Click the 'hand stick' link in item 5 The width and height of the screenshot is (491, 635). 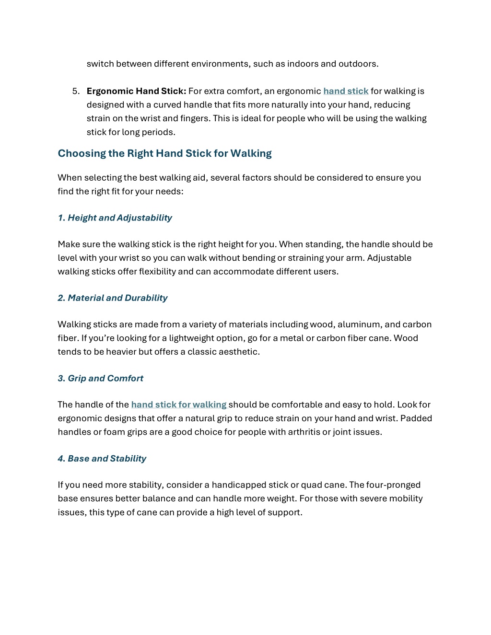click(346, 91)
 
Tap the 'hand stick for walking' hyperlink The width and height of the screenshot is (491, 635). click(178, 404)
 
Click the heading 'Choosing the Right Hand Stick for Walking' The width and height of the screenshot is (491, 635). click(164, 153)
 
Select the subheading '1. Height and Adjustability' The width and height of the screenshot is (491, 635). click(115, 218)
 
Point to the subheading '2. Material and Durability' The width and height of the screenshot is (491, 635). click(112, 298)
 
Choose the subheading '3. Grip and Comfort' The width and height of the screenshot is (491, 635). click(100, 378)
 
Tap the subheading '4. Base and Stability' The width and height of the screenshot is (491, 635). click(102, 458)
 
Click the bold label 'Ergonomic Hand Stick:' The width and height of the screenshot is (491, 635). click(136, 91)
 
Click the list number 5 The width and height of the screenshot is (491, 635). click(75, 91)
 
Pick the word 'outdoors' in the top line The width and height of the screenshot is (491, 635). click(358, 64)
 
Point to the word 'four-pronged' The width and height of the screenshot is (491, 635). click(393, 485)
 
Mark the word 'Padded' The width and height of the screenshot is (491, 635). click(416, 418)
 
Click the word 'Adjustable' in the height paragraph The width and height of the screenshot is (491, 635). click(389, 258)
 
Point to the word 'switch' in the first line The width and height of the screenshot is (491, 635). click(100, 64)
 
